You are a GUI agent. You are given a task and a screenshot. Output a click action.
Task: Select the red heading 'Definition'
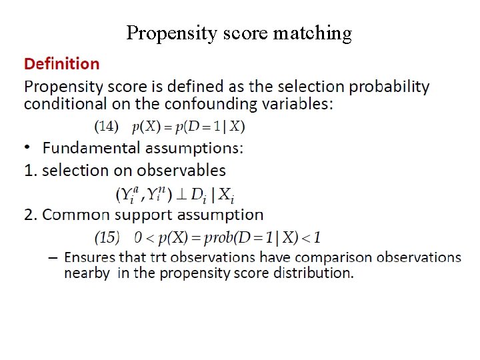coord(62,64)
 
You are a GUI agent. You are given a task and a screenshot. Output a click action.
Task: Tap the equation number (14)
coord(107,125)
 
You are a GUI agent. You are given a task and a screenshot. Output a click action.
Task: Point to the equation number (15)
coord(107,237)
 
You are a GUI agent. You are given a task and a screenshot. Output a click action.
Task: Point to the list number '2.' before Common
coord(30,215)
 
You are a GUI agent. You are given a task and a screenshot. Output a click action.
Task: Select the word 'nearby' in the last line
coord(87,273)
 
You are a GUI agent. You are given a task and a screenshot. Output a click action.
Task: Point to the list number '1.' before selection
coord(30,171)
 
